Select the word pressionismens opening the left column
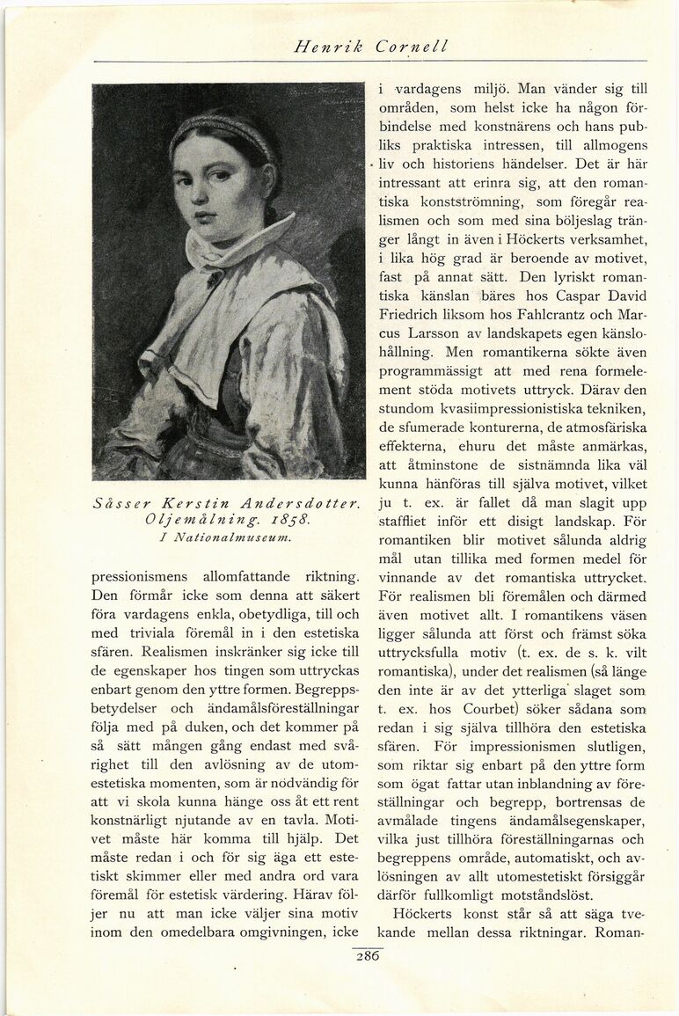[143, 578]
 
